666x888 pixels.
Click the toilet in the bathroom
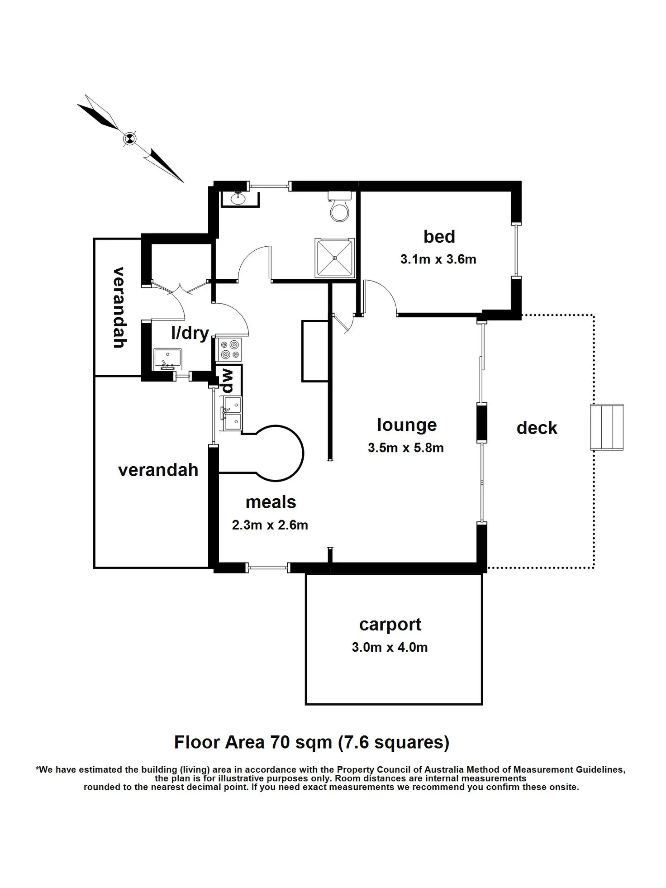point(340,206)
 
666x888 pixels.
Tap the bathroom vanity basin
point(238,198)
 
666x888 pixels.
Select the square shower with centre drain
point(335,258)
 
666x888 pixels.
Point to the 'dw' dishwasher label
point(226,381)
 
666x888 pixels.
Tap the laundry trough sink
point(167,358)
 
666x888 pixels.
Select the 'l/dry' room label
point(190,333)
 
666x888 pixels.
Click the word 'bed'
point(439,236)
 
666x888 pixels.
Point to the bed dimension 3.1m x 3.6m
point(438,259)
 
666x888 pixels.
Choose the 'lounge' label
point(407,425)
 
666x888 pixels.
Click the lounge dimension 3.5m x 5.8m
point(405,448)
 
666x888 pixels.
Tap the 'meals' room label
point(271,502)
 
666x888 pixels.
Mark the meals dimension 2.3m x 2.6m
point(270,525)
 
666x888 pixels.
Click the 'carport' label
point(390,625)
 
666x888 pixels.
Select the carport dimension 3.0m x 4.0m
point(390,647)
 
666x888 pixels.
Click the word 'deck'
point(537,428)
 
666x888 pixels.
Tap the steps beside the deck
point(607,427)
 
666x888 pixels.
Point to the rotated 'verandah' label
point(119,307)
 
